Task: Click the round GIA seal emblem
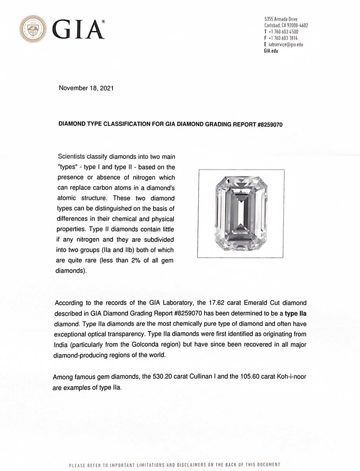[x=33, y=29]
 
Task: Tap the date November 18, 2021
[x=86, y=88]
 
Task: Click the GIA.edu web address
[x=271, y=51]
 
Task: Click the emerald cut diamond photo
[x=241, y=213]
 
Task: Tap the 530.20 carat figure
[x=154, y=376]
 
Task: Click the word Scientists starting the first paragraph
[x=72, y=157]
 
